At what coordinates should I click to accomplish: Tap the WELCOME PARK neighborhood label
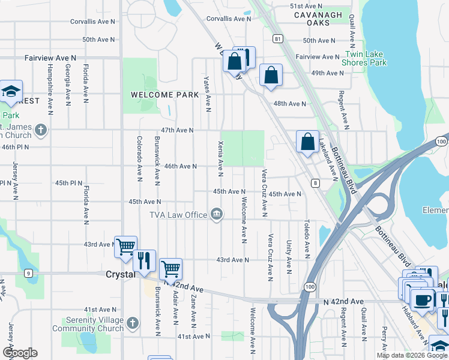[x=156, y=95]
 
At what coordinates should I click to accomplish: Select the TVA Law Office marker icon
[x=216, y=214]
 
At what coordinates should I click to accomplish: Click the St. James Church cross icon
[x=40, y=130]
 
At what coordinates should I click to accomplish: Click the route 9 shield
[x=28, y=274]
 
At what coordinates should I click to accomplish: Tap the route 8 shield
[x=315, y=182]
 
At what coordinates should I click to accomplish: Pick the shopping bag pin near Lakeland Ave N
[x=307, y=143]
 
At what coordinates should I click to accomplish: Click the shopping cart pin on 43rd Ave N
[x=125, y=247]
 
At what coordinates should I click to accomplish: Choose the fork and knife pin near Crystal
[x=144, y=261]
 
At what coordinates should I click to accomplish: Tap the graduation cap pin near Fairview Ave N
[x=11, y=91]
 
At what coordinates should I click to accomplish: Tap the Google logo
[x=20, y=353]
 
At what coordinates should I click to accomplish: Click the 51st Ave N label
[x=307, y=5]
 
